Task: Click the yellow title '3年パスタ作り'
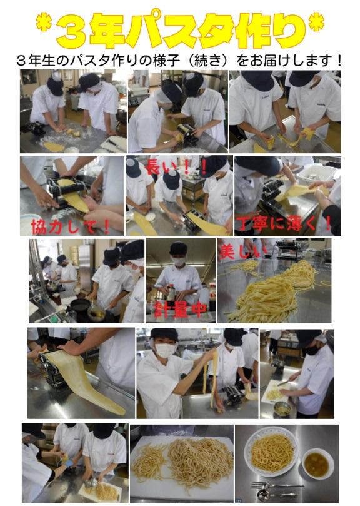(181, 29)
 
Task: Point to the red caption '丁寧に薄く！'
(284, 223)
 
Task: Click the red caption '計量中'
(180, 310)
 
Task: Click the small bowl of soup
(317, 463)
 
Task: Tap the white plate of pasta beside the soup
(271, 452)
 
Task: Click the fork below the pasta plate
(277, 485)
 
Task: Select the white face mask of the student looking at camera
(165, 350)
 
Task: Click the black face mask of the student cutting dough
(312, 350)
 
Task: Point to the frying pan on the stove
(81, 305)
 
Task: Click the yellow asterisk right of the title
(316, 23)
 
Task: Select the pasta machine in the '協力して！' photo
(67, 191)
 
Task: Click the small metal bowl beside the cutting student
(281, 408)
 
